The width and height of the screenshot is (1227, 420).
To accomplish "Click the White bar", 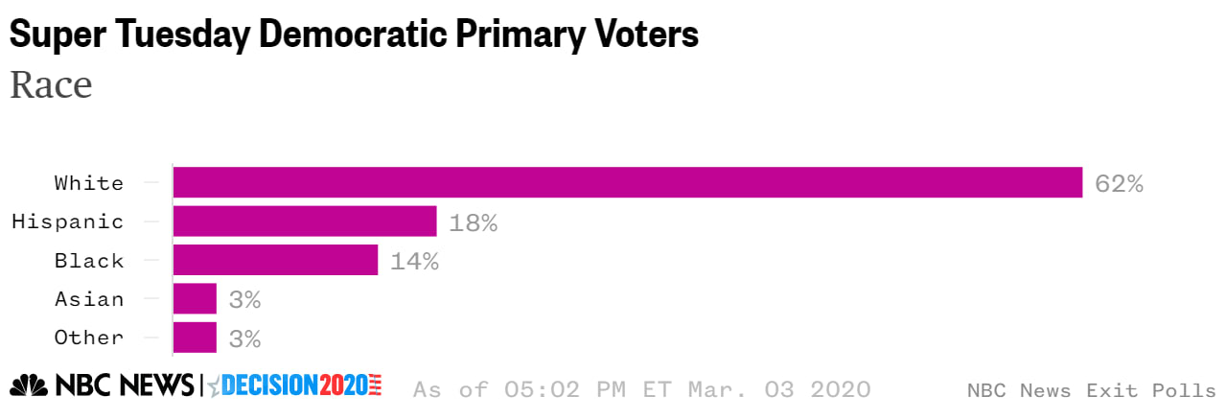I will pos(627,182).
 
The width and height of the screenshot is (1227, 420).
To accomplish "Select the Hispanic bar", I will pos(305,222).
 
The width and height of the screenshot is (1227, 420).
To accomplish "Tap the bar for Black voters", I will pos(275,260).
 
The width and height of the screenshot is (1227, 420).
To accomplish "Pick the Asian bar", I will pos(195,299).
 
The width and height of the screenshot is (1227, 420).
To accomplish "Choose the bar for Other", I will pos(195,338).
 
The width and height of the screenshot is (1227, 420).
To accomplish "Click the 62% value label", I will pos(1119,183).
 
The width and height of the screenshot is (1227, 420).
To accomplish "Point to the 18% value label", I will pos(474,222).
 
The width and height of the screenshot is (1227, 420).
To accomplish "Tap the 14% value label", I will pos(414,261).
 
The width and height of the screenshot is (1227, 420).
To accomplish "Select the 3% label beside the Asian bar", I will pos(244,300).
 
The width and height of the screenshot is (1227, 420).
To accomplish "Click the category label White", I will pos(89,183).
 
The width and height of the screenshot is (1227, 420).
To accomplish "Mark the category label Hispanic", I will pos(67,222).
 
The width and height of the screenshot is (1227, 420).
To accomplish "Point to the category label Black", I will pos(89,261).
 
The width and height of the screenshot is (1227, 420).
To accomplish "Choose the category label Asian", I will pos(89,299).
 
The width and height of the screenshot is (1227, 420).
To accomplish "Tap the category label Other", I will pos(89,338).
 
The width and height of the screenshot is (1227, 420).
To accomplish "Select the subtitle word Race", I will pos(51,85).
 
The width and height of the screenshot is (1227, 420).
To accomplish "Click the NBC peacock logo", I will pos(29,386).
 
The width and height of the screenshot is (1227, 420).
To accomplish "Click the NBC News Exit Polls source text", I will pos(1091,390).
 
